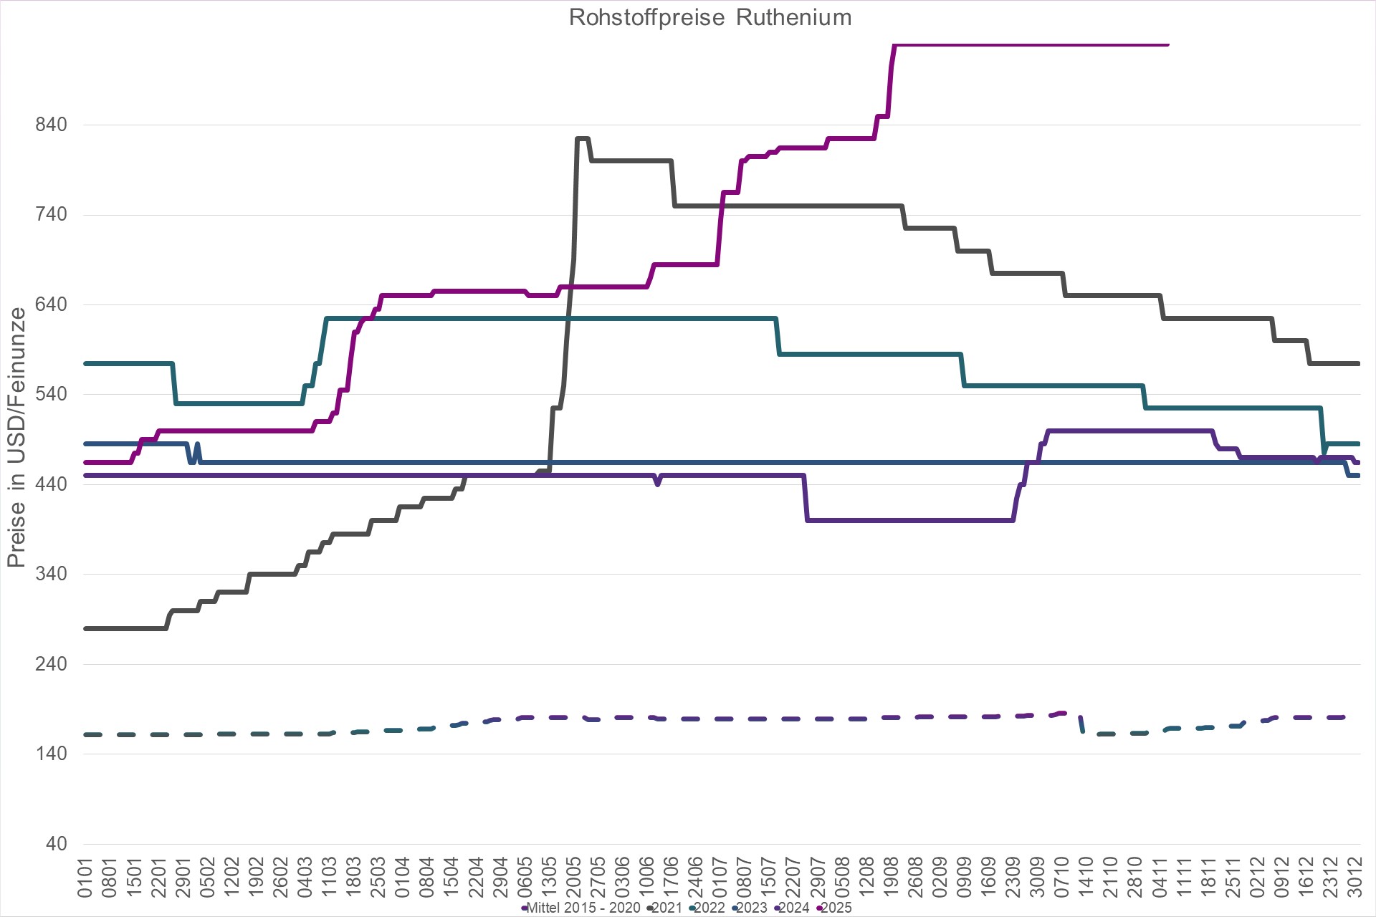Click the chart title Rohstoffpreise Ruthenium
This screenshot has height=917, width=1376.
[x=709, y=17]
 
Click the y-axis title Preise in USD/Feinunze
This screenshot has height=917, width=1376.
[x=16, y=437]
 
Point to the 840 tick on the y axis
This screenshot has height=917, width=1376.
[x=51, y=125]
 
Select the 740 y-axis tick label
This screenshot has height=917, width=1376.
[x=51, y=214]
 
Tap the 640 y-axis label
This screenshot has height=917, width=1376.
[x=51, y=304]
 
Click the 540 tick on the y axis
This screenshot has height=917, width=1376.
[x=51, y=394]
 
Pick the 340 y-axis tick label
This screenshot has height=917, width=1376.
[x=51, y=574]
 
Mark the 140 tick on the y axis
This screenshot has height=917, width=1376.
[x=51, y=754]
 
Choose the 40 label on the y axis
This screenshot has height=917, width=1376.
[x=56, y=843]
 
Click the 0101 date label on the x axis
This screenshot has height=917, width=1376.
[x=85, y=877]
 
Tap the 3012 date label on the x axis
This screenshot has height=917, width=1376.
[x=1354, y=877]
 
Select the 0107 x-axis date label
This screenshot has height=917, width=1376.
[x=720, y=877]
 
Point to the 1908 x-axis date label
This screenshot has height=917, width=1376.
[x=891, y=877]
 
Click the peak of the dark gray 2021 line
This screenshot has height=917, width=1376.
[x=582, y=138]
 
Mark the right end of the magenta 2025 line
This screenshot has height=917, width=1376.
[x=1167, y=44]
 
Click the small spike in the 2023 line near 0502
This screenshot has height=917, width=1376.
[x=197, y=445]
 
